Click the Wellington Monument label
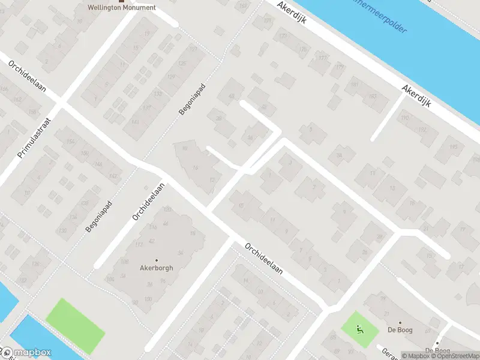click(x=122, y=8)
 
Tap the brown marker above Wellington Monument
click(x=122, y=1)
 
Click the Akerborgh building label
click(x=156, y=268)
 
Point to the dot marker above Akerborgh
click(x=156, y=260)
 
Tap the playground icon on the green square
click(x=359, y=328)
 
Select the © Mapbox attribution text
click(x=416, y=356)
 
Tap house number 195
click(x=454, y=148)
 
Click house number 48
click(x=230, y=97)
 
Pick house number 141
click(x=135, y=122)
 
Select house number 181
click(x=354, y=85)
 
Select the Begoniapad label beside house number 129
click(x=192, y=99)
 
